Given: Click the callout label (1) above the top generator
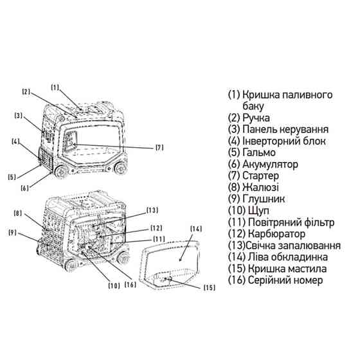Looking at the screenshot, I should (x=55, y=87).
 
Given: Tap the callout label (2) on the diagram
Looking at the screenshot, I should (x=26, y=92).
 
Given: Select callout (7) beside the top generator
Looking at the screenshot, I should (x=159, y=147).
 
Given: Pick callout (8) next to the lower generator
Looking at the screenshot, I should (x=17, y=213).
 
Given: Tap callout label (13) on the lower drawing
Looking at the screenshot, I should (x=152, y=210).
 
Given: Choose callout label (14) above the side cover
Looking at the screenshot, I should (x=197, y=228).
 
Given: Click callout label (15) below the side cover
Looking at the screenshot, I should (x=210, y=287).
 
